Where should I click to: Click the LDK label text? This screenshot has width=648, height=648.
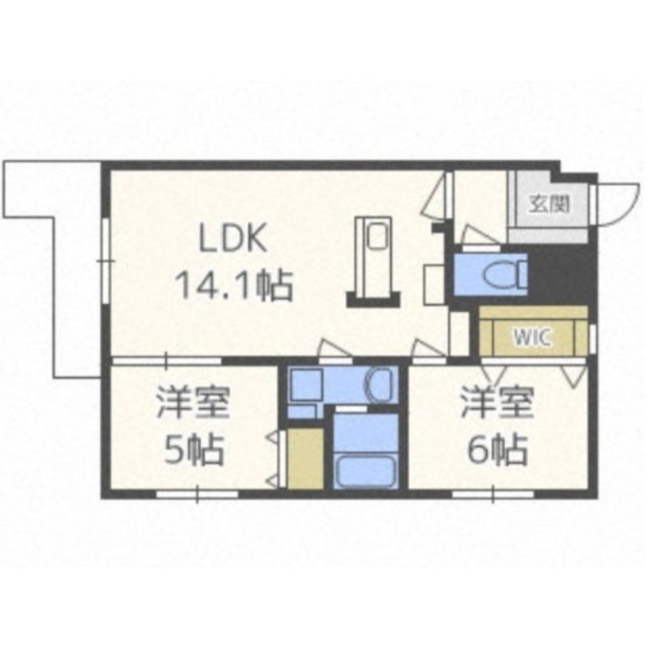(233, 238)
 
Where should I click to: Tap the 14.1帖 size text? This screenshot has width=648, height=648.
(234, 286)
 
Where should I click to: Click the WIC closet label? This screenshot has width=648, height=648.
(532, 338)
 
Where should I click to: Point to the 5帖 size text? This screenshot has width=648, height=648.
(194, 450)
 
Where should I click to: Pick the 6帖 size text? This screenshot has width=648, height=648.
(498, 450)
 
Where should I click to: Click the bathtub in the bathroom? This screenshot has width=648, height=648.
(365, 471)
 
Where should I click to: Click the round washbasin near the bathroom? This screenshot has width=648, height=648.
(379, 386)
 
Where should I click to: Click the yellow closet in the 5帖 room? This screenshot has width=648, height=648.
(305, 459)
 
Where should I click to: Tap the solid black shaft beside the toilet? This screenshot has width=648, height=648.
(560, 273)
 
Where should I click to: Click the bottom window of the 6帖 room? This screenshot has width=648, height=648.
(493, 494)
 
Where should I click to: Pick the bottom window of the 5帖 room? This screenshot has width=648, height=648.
(197, 494)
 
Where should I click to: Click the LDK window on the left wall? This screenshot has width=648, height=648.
(106, 261)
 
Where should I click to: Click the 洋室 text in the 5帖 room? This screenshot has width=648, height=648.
(192, 402)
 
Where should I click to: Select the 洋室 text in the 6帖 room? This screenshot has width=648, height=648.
(497, 402)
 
